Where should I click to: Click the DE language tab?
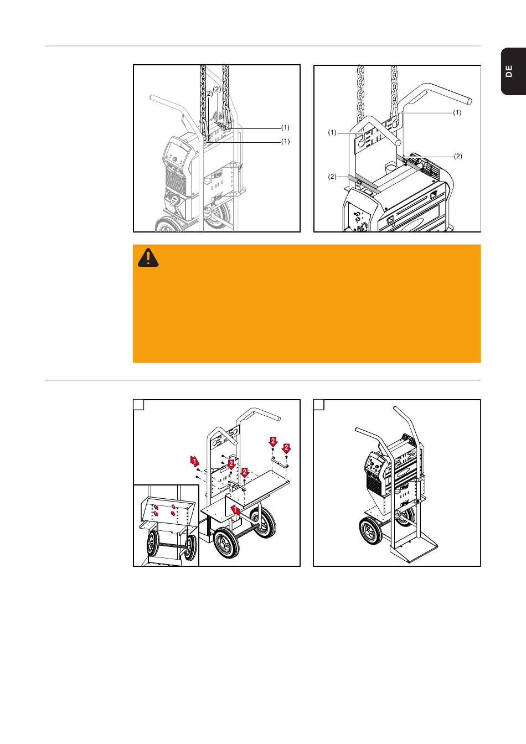(x=513, y=71)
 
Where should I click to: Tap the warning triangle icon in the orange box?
(x=148, y=258)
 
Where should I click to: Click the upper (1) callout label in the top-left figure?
(x=285, y=127)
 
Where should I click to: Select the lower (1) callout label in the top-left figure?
(x=285, y=142)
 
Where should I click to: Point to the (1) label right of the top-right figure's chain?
(x=457, y=112)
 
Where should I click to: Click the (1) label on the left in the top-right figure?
(x=332, y=132)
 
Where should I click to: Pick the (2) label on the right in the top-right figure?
(x=458, y=156)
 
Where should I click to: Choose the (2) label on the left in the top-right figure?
(x=332, y=177)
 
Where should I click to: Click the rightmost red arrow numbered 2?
(x=286, y=448)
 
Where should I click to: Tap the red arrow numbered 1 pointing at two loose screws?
(x=195, y=461)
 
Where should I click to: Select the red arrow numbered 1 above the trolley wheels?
(x=235, y=510)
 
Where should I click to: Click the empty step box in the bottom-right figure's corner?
(x=319, y=405)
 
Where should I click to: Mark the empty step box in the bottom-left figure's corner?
(x=138, y=405)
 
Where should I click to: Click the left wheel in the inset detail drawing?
(x=153, y=544)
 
